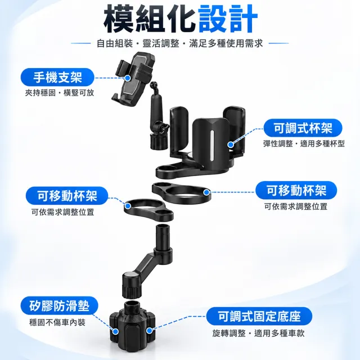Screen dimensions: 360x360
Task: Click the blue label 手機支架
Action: point(57,77)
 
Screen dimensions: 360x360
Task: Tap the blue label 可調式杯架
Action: point(303,128)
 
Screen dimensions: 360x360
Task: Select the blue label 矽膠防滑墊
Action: point(59,305)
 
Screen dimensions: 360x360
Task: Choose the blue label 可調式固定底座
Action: point(259,316)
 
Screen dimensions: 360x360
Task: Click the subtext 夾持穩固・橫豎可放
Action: point(60,93)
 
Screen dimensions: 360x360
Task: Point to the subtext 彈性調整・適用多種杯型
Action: point(304,144)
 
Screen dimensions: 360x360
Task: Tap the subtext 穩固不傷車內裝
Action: point(57,322)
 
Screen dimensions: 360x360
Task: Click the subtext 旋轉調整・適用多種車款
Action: point(258,333)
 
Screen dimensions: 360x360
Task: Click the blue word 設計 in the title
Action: point(228,19)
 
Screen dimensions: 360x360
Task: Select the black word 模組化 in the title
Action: point(150,19)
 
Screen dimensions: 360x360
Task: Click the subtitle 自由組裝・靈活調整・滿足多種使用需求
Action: point(180,43)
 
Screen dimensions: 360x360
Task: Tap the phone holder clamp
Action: point(133,79)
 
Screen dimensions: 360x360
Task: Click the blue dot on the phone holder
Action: point(128,78)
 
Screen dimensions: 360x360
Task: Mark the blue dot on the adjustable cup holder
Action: point(231,145)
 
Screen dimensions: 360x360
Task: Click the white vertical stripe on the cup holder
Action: point(212,146)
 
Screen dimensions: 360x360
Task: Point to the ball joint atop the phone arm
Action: point(154,85)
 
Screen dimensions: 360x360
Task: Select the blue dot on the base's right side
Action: point(149,331)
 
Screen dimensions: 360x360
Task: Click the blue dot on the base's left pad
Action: point(115,331)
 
